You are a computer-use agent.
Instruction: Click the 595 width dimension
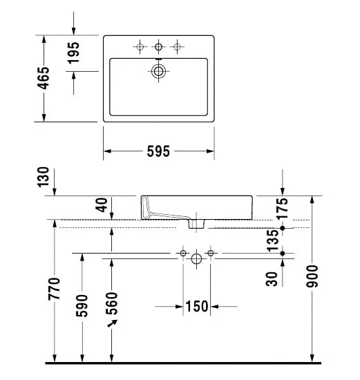tap(158, 151)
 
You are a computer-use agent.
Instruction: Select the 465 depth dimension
tap(44, 78)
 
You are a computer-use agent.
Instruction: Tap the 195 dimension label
tap(73, 53)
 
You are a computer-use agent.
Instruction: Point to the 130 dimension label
tap(43, 177)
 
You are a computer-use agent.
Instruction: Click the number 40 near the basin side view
tap(102, 205)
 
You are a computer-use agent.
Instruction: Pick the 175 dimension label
tap(283, 209)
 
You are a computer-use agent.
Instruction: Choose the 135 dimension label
tap(273, 240)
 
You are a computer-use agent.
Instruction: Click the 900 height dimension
tap(312, 276)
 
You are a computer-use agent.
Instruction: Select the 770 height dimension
tap(54, 289)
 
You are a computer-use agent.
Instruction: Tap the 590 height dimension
tap(82, 305)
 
